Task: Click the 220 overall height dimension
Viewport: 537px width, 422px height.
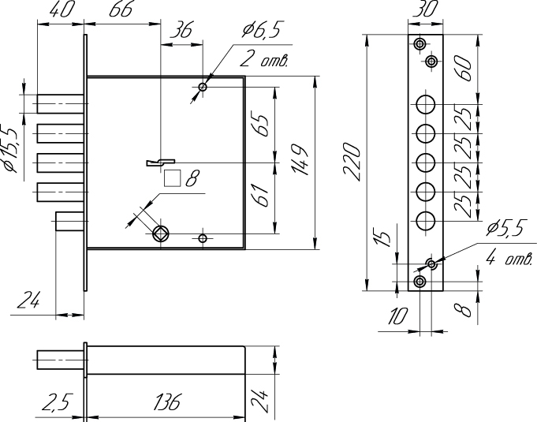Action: click(352, 162)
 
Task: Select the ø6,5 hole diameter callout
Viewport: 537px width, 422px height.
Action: click(261, 30)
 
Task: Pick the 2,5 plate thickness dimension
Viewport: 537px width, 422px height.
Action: click(58, 401)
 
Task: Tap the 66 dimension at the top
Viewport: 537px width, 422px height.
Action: click(121, 9)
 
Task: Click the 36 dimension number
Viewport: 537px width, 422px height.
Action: click(181, 30)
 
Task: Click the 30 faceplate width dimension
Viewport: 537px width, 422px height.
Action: click(425, 9)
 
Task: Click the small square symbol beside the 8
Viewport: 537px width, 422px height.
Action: click(172, 178)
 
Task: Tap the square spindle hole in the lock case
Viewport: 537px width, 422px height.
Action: click(160, 234)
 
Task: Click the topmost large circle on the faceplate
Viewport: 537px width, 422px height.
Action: click(426, 104)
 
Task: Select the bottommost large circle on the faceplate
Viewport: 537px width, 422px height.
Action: click(426, 221)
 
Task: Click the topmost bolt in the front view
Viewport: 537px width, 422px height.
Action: click(61, 104)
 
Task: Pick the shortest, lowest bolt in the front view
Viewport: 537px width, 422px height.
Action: click(70, 222)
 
